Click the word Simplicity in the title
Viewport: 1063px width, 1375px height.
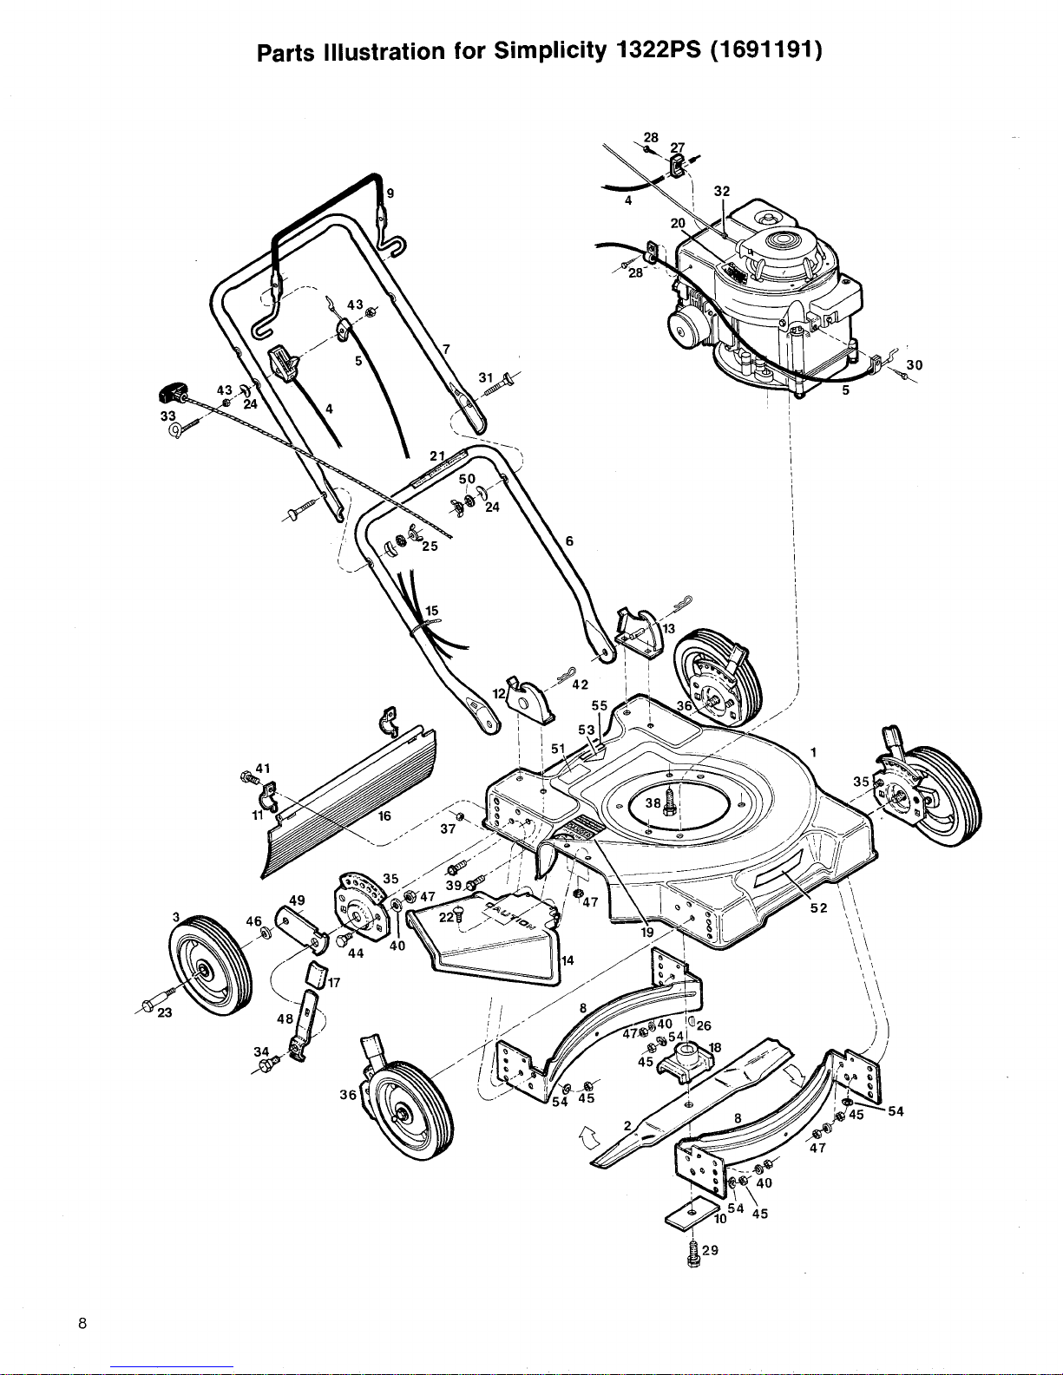549,51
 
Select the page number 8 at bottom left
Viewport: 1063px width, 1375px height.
82,1323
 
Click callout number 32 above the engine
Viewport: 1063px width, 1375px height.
722,191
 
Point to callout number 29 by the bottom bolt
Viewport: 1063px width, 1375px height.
711,1250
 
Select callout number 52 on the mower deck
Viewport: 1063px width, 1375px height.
819,908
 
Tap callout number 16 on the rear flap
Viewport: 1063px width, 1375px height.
384,815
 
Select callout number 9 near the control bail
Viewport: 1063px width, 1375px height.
390,193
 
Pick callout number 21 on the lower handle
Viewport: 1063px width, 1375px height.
437,455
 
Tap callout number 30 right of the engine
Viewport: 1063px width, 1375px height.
915,365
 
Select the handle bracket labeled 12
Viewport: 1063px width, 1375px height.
530,700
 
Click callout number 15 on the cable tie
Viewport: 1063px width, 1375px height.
432,611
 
